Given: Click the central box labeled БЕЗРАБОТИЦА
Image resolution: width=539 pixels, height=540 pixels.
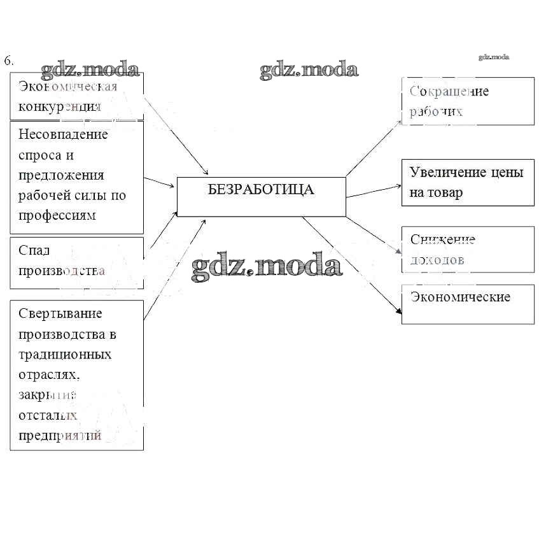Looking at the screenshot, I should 261,197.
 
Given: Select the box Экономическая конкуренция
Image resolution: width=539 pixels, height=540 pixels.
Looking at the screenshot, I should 76,96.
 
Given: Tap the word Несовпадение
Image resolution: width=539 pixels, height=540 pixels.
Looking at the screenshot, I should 63,134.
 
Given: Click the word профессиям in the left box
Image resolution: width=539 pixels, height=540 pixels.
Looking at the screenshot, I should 57,215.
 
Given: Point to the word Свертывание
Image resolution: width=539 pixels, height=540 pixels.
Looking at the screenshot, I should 60,313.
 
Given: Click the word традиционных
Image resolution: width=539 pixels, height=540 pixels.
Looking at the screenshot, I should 65,354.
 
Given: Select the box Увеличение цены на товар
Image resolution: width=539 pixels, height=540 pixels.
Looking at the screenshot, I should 467,183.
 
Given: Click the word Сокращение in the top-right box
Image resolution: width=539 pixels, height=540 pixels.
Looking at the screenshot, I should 449,91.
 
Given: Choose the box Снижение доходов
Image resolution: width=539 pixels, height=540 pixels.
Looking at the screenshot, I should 467,249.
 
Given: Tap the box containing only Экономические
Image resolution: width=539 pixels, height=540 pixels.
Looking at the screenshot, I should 467,304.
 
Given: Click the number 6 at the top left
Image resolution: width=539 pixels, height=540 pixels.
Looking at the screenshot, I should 8,61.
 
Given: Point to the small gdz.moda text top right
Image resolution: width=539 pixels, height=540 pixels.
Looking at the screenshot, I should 494,57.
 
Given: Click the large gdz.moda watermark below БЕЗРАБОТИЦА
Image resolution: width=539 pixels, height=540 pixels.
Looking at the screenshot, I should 267,267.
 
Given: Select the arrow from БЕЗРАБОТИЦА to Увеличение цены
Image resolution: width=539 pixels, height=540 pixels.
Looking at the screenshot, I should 374,190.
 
